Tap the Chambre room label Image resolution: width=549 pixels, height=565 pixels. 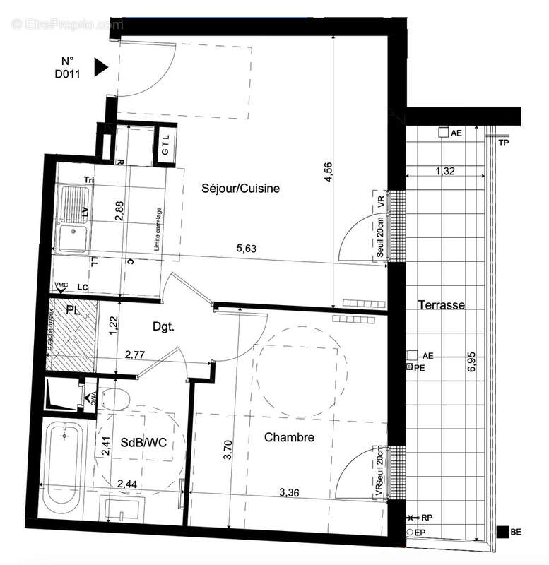pyautogui.click(x=289, y=438)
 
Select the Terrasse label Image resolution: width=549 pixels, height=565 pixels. pyautogui.click(x=440, y=305)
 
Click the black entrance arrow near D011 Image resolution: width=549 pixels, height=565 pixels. pyautogui.click(x=100, y=66)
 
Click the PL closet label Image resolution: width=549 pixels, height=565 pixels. pyautogui.click(x=73, y=310)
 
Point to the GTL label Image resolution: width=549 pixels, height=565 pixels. pyautogui.click(x=165, y=149)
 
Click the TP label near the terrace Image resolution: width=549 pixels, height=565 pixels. pyautogui.click(x=504, y=143)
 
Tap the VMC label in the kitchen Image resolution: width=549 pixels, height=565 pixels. pyautogui.click(x=62, y=285)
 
